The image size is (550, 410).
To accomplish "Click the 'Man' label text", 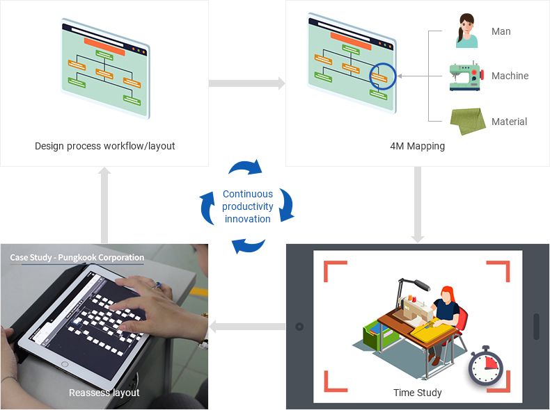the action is (501, 31).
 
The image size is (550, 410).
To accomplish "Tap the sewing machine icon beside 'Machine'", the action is (466, 76).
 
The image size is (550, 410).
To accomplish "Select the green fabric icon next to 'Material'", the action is (468, 121).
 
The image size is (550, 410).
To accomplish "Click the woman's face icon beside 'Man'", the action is (467, 31).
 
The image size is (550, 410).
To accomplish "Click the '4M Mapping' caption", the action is (418, 146).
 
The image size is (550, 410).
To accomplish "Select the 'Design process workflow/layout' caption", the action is (105, 146).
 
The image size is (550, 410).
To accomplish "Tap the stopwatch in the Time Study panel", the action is (485, 366).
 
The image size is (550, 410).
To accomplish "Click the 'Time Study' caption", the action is (418, 393).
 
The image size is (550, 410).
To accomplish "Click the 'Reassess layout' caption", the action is (104, 393).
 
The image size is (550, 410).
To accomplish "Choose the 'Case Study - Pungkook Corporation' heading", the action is (77, 257).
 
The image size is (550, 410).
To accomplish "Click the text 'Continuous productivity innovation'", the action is (248, 206).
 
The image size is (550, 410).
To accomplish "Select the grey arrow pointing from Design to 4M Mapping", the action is (247, 83).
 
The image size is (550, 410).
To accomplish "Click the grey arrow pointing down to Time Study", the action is (418, 205).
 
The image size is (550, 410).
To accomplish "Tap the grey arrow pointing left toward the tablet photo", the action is (247, 327).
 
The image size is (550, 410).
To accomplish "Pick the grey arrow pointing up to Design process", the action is (104, 205).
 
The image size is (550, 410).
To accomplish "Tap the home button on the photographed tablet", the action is (65, 365).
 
